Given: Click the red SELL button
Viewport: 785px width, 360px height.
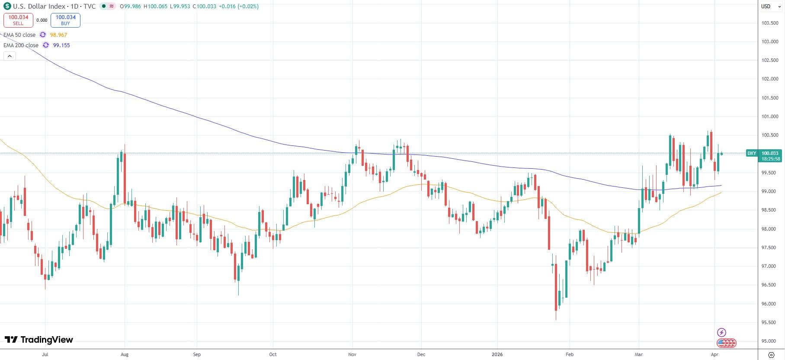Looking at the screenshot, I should pyautogui.click(x=18, y=20).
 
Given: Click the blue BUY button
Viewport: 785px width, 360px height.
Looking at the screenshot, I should pyautogui.click(x=65, y=20).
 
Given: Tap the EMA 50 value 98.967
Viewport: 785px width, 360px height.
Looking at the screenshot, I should pyautogui.click(x=58, y=35).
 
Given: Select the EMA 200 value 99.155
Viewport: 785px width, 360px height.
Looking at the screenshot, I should pyautogui.click(x=61, y=45).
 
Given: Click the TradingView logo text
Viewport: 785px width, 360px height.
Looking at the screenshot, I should pyautogui.click(x=39, y=340).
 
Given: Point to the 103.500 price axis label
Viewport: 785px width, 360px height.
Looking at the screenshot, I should pyautogui.click(x=769, y=23).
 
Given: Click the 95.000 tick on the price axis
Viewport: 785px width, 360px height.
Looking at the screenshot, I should pyautogui.click(x=769, y=341).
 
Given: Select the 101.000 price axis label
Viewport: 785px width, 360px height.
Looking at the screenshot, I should pyautogui.click(x=769, y=116).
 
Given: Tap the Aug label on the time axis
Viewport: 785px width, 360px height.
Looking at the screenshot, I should pyautogui.click(x=125, y=354).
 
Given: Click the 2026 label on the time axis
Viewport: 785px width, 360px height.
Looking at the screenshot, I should pyautogui.click(x=497, y=354).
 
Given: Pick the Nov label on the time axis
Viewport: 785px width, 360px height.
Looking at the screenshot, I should pyautogui.click(x=352, y=354).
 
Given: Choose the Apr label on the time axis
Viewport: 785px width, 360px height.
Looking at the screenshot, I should pyautogui.click(x=715, y=354).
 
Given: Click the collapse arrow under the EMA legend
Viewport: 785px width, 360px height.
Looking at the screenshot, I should pyautogui.click(x=9, y=56).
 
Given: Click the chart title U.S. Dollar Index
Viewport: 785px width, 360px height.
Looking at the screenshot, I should pyautogui.click(x=39, y=6).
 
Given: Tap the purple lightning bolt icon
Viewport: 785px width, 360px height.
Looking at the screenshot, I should pyautogui.click(x=721, y=332).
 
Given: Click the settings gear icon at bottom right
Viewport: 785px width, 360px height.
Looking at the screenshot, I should pyautogui.click(x=771, y=354).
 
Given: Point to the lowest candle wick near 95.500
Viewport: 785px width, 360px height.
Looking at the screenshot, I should pyautogui.click(x=556, y=319).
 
